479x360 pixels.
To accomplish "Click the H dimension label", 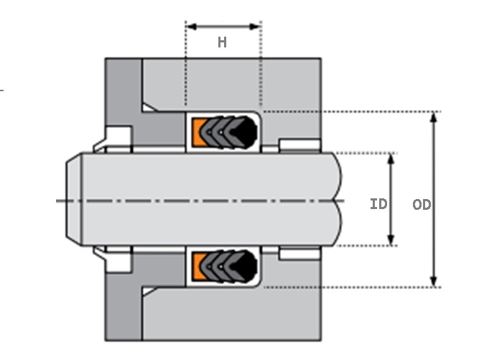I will [x=223, y=42].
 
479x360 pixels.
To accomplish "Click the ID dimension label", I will [x=378, y=204].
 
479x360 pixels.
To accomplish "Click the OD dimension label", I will [x=422, y=205].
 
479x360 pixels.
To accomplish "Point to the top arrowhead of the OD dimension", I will [x=433, y=117].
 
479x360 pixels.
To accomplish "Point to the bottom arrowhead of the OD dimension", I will [x=433, y=281].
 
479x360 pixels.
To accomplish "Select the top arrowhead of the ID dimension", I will [x=391, y=158].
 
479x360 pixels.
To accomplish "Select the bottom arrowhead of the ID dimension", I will [x=391, y=240].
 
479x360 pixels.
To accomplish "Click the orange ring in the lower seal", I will [x=197, y=267].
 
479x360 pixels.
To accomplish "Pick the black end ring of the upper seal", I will [x=248, y=131].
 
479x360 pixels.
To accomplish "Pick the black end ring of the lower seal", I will [x=248, y=267].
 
